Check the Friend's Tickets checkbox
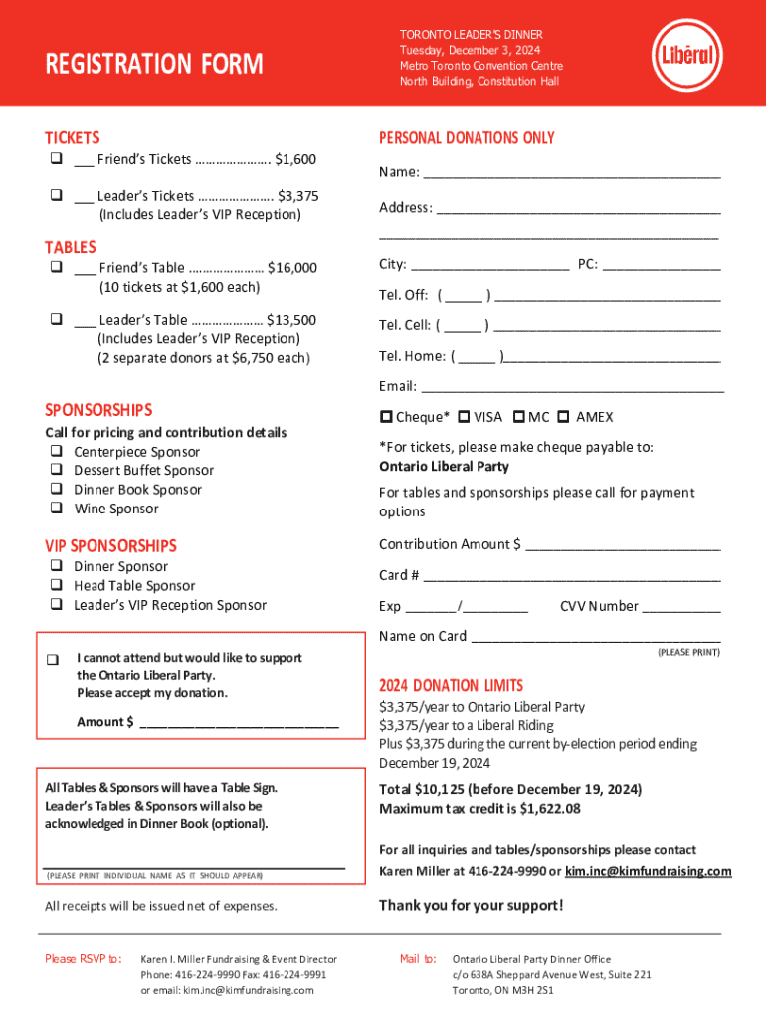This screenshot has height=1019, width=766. (52, 159)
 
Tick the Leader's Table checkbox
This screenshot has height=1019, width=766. (52, 320)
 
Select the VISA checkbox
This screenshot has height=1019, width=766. (465, 417)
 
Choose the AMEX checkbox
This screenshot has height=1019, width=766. (563, 417)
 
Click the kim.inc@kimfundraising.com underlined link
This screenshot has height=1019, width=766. (648, 871)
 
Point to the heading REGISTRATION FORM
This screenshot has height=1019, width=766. (154, 65)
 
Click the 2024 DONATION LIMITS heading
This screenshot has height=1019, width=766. (451, 685)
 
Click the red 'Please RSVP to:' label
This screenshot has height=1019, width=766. (84, 959)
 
